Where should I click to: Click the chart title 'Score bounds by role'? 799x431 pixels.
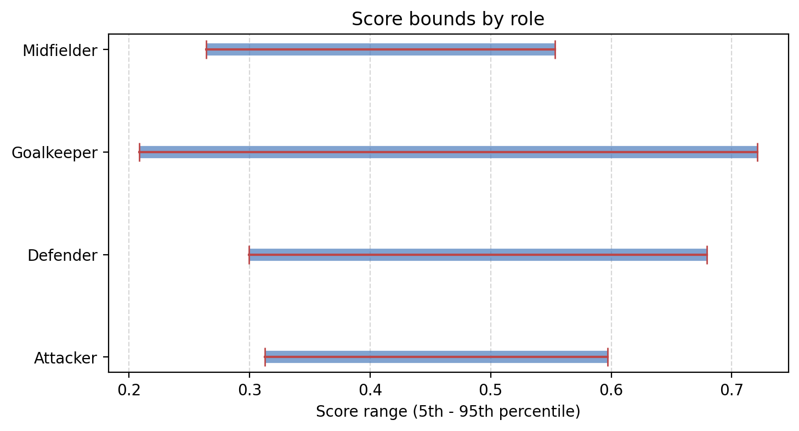447,19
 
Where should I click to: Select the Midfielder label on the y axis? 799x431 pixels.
60,51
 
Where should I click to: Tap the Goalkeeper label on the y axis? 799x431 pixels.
54,153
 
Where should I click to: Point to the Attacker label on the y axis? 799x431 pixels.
65,358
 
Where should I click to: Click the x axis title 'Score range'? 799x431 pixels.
447,411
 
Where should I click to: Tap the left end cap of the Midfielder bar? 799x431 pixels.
206,49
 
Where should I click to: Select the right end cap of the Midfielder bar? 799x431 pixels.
555,49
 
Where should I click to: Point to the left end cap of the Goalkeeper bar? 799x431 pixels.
139,152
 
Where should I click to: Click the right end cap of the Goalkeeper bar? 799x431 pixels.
757,152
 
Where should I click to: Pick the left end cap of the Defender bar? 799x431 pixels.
249,255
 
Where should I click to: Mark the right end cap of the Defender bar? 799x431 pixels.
707,255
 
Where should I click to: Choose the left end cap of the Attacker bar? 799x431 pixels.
265,357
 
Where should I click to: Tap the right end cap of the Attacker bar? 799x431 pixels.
608,357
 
